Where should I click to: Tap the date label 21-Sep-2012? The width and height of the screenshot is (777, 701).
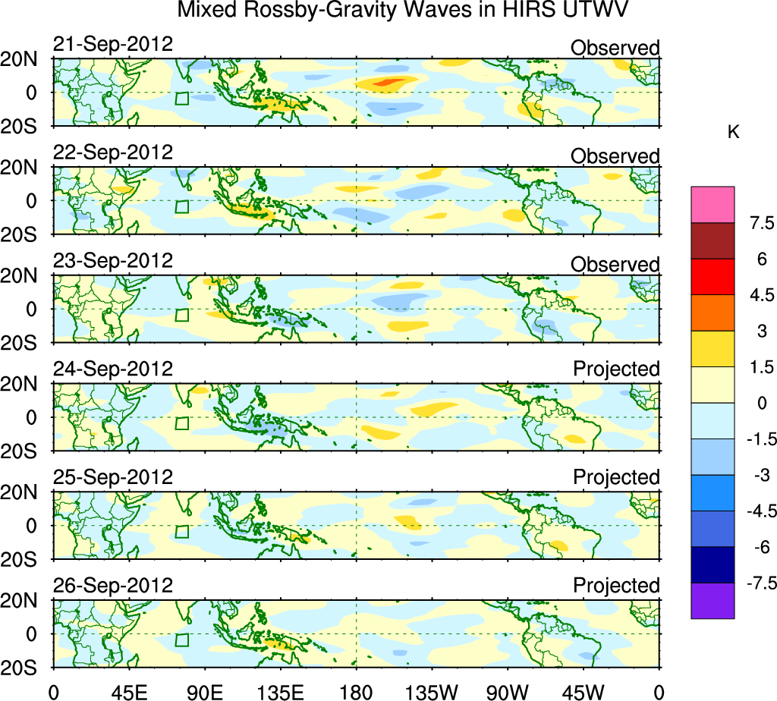coord(113,44)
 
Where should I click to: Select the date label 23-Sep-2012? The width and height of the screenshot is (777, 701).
coord(113,260)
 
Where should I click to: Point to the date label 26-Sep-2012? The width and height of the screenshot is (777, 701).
coord(113,586)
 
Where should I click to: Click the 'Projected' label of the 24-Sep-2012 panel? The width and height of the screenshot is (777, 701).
coord(616,369)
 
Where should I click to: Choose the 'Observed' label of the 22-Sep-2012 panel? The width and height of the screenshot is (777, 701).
coord(615,156)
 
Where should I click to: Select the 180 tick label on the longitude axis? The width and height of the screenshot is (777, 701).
coord(356,691)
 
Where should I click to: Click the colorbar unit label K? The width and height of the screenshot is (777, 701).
coord(733,132)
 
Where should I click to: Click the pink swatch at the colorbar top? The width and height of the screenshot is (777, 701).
coord(713,205)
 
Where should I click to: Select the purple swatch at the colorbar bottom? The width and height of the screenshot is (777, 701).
coord(713,601)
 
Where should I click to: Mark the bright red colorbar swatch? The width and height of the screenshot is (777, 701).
coord(713,277)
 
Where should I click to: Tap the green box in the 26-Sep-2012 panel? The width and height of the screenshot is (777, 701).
coord(181,639)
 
